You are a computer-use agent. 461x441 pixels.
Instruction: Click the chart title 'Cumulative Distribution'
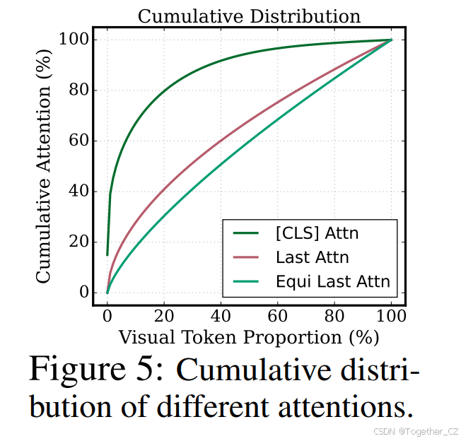coord(249,16)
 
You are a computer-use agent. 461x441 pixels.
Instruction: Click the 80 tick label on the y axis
coord(77,90)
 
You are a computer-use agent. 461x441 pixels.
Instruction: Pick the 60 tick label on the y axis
coord(77,141)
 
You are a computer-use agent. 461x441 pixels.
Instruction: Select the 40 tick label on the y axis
coord(77,192)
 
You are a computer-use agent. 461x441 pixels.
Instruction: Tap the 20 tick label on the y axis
coord(77,242)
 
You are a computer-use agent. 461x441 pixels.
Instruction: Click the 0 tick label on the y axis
coord(81,293)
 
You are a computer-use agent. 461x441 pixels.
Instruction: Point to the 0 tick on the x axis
coord(107,316)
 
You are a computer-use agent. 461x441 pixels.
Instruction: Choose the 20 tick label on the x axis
coord(164,316)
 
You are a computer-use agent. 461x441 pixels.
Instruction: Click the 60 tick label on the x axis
coord(278,316)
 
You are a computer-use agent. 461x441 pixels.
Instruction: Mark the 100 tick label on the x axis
coord(391,316)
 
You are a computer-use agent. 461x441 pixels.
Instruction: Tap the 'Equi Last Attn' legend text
coord(332,283)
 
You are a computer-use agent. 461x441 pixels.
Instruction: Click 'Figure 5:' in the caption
coord(97,370)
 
